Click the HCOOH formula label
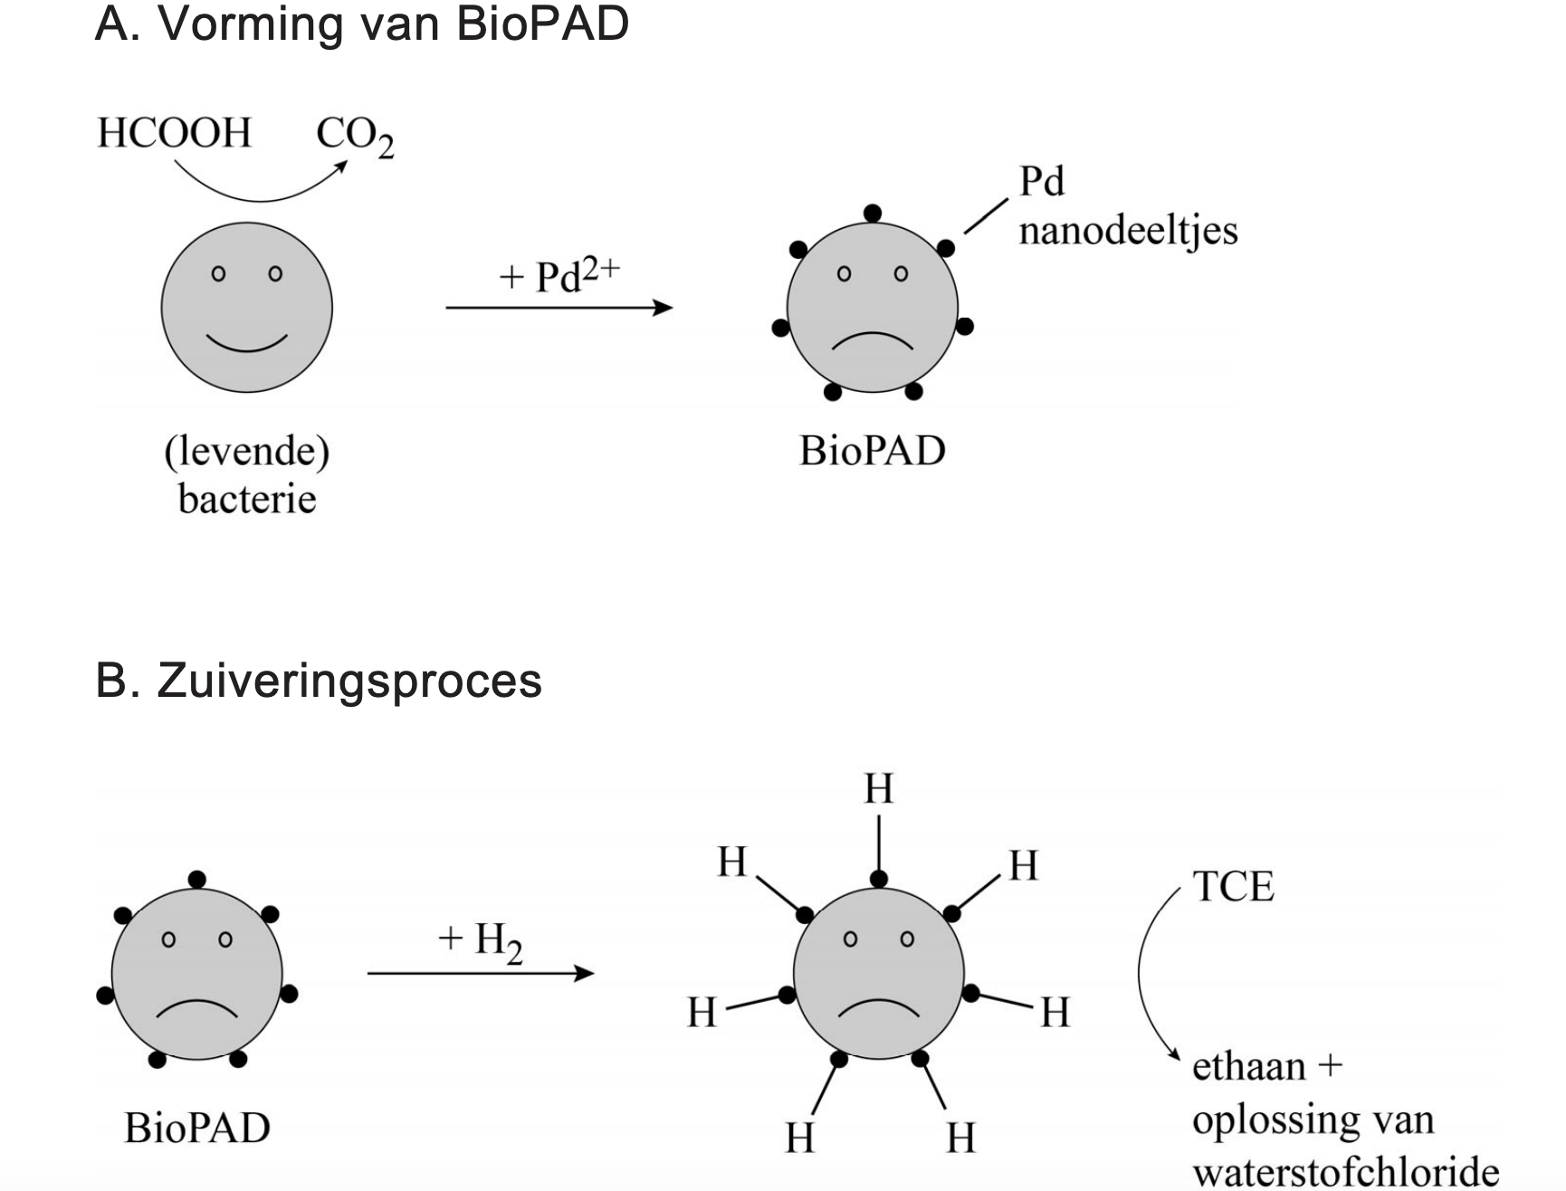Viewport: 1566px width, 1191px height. [x=174, y=133]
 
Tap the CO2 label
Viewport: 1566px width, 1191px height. [x=354, y=136]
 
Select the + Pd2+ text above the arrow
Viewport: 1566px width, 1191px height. [x=559, y=274]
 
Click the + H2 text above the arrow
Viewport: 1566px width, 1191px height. [x=480, y=942]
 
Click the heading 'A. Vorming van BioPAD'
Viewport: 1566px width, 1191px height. [x=361, y=24]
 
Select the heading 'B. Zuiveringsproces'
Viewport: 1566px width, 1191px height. [x=318, y=680]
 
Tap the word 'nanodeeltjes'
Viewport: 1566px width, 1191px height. [x=1128, y=230]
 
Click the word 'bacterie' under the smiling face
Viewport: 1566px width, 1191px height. [x=247, y=499]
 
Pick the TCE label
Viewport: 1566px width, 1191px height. [x=1233, y=886]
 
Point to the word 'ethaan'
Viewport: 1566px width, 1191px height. [x=1249, y=1066]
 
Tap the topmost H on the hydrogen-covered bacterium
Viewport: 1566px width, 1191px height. [x=878, y=788]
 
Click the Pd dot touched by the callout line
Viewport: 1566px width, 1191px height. [x=946, y=248]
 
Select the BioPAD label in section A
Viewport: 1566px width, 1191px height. [x=872, y=450]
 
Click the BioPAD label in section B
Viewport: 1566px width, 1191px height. [x=197, y=1128]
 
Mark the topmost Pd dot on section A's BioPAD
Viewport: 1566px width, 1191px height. [x=873, y=214]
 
